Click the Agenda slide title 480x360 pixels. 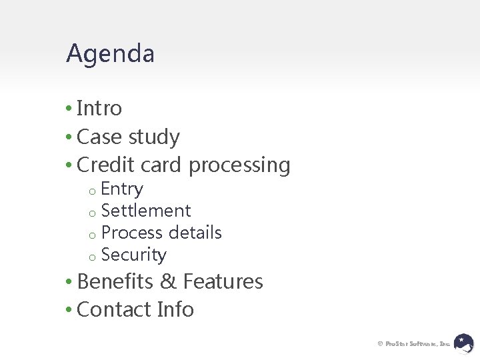(x=110, y=54)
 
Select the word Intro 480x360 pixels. (x=99, y=108)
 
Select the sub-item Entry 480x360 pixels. (x=122, y=189)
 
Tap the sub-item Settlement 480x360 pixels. (x=146, y=211)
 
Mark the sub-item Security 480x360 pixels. (x=134, y=255)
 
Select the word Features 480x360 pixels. (x=223, y=281)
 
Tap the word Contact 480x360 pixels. (x=114, y=309)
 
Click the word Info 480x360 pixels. (x=175, y=309)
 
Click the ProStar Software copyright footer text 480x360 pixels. (x=413, y=344)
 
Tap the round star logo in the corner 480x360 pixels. (x=464, y=343)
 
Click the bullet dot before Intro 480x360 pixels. (x=69, y=109)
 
